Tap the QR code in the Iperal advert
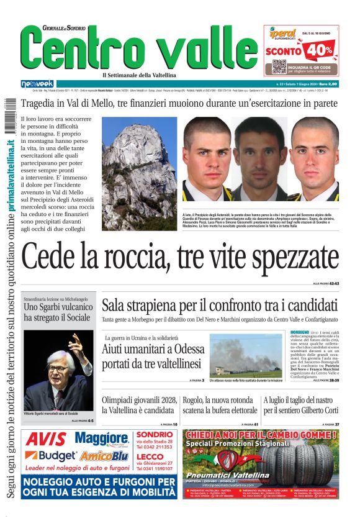279,66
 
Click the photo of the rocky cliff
140,157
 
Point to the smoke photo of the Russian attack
246,356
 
